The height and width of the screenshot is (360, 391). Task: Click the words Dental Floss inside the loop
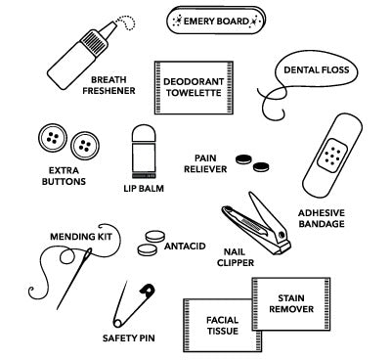pos(315,70)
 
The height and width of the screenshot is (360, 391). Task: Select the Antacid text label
pos(184,244)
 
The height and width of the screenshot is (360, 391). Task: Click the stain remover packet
pos(292,305)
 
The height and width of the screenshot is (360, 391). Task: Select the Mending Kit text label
pos(77,236)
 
